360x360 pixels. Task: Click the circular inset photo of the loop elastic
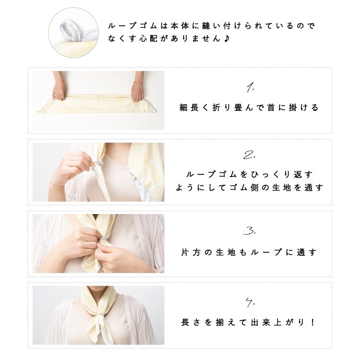[x=70, y=32]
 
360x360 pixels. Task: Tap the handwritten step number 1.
[x=250, y=87]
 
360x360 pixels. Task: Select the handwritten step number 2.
[x=249, y=155]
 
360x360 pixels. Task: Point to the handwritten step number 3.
[x=249, y=231]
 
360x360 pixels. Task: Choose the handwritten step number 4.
[x=249, y=303]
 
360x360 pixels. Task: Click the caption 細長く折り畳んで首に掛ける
[x=249, y=108]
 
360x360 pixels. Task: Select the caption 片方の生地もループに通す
[x=249, y=252]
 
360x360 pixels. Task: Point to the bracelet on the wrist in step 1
[x=138, y=83]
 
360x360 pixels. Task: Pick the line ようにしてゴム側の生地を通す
[x=249, y=188]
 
